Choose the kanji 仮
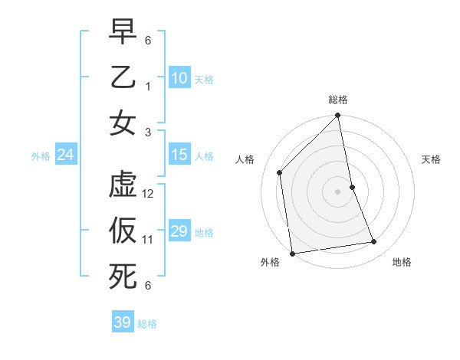(x=123, y=231)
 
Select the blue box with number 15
(x=179, y=155)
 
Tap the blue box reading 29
(x=179, y=231)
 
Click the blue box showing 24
(x=66, y=155)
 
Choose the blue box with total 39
(x=123, y=322)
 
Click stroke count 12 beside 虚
(x=149, y=194)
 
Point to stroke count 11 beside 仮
(x=149, y=240)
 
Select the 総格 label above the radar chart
(x=338, y=100)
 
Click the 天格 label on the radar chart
(x=432, y=159)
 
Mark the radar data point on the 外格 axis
(x=292, y=254)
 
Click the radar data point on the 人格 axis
(x=280, y=172)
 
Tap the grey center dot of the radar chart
(x=338, y=191)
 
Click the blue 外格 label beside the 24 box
(x=41, y=156)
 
